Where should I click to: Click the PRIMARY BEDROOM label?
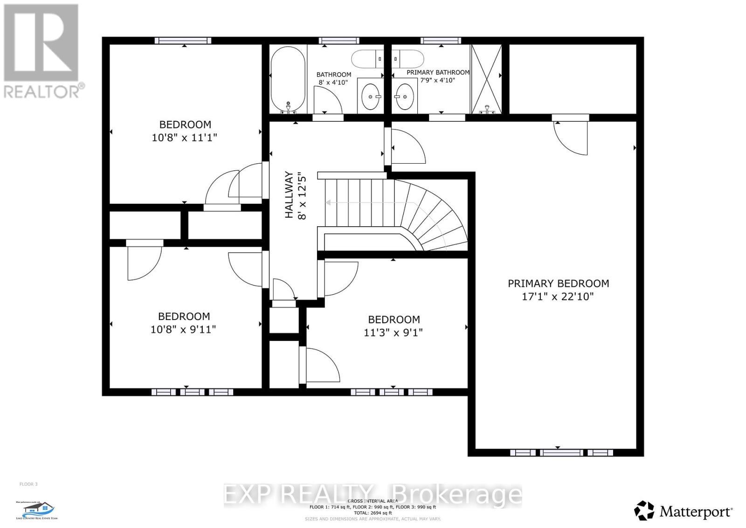[558, 283]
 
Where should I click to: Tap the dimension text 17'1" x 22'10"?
[558, 297]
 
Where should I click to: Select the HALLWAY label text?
[289, 195]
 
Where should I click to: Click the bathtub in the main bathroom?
[288, 79]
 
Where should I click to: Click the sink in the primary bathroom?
[404, 96]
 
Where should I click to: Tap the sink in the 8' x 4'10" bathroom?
[370, 96]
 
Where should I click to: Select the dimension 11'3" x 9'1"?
[393, 333]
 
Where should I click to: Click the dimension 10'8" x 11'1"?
[185, 138]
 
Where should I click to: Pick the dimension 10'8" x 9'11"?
[183, 329]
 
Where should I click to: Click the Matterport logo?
[684, 511]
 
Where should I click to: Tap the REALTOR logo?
[42, 51]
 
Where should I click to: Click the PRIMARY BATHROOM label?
[438, 72]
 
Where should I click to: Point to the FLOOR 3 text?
[28, 484]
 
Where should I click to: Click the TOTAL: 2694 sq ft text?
[373, 513]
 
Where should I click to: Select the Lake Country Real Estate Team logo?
[38, 510]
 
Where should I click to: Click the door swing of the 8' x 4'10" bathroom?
[328, 100]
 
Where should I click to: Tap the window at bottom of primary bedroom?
[561, 452]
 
